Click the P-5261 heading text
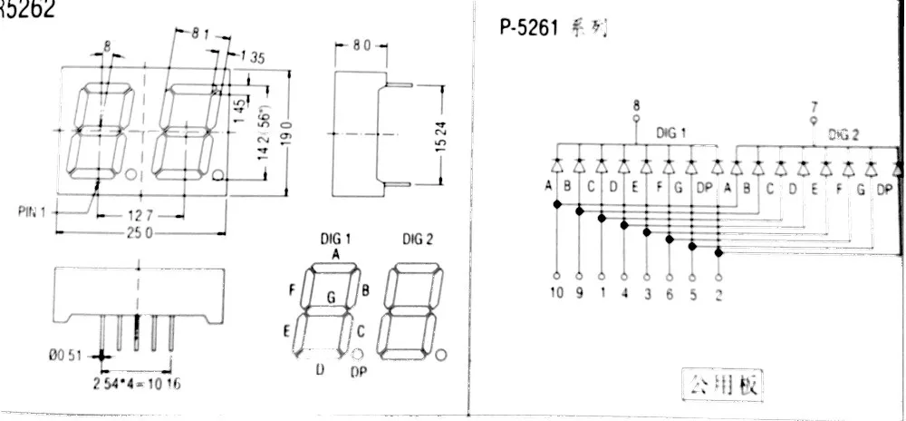(x=530, y=28)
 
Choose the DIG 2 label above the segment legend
(x=418, y=239)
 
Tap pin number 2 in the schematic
(x=718, y=294)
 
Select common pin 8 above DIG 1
(x=635, y=104)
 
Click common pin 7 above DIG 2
(x=813, y=104)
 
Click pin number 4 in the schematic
(x=624, y=294)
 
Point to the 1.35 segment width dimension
(x=252, y=60)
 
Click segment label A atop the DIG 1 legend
(x=335, y=255)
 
